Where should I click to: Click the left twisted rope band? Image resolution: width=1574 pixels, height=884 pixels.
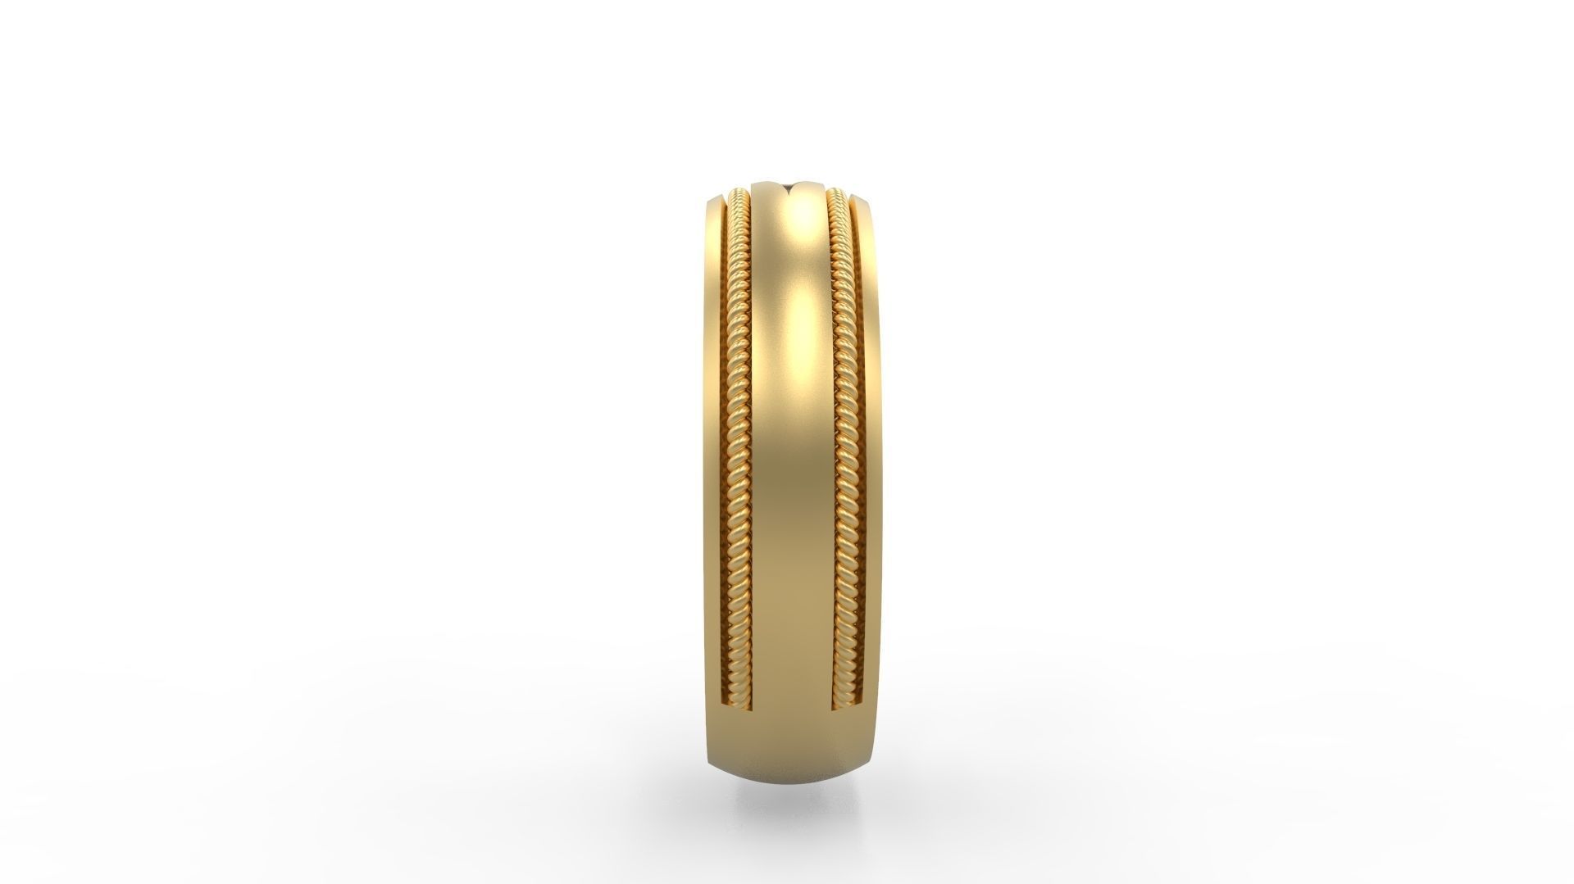(x=738, y=426)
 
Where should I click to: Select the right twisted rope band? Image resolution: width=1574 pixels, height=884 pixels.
(x=839, y=426)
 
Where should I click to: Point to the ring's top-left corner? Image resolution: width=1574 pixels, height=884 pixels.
(x=707, y=201)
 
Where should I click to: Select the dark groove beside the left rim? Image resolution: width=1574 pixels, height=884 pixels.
(x=725, y=426)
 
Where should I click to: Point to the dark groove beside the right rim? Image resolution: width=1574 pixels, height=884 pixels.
(x=854, y=426)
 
